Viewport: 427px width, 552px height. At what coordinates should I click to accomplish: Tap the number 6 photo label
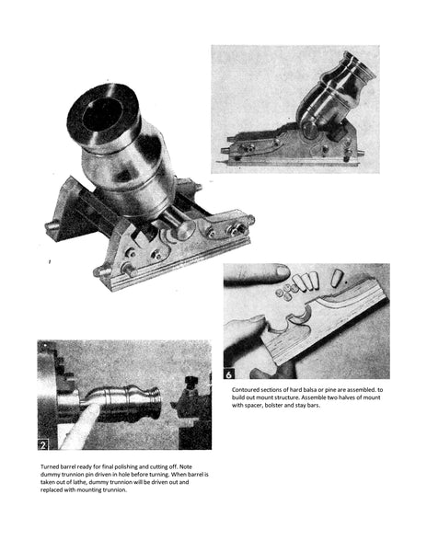point(229,374)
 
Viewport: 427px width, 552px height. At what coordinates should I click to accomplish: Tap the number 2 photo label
point(43,445)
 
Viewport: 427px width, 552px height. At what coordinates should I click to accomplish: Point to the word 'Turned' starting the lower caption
point(50,466)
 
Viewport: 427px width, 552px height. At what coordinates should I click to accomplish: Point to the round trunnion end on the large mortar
point(186,230)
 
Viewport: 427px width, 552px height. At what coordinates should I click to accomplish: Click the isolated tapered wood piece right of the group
point(336,277)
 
